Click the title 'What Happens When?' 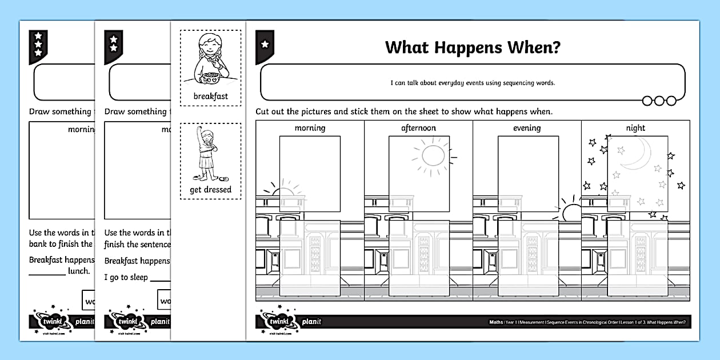coord(473,47)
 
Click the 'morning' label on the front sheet coord(310,128)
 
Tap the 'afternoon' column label coord(418,128)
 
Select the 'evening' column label coord(526,128)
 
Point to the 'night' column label coord(635,128)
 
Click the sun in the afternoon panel coord(433,155)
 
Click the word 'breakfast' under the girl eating coord(210,96)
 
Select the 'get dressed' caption coord(210,189)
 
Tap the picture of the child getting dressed coord(209,154)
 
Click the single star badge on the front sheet coord(265,43)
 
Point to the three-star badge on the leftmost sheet coord(38,44)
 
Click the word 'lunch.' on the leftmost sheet coord(79,271)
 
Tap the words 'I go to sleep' coord(126,277)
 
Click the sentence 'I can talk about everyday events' coord(473,83)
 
